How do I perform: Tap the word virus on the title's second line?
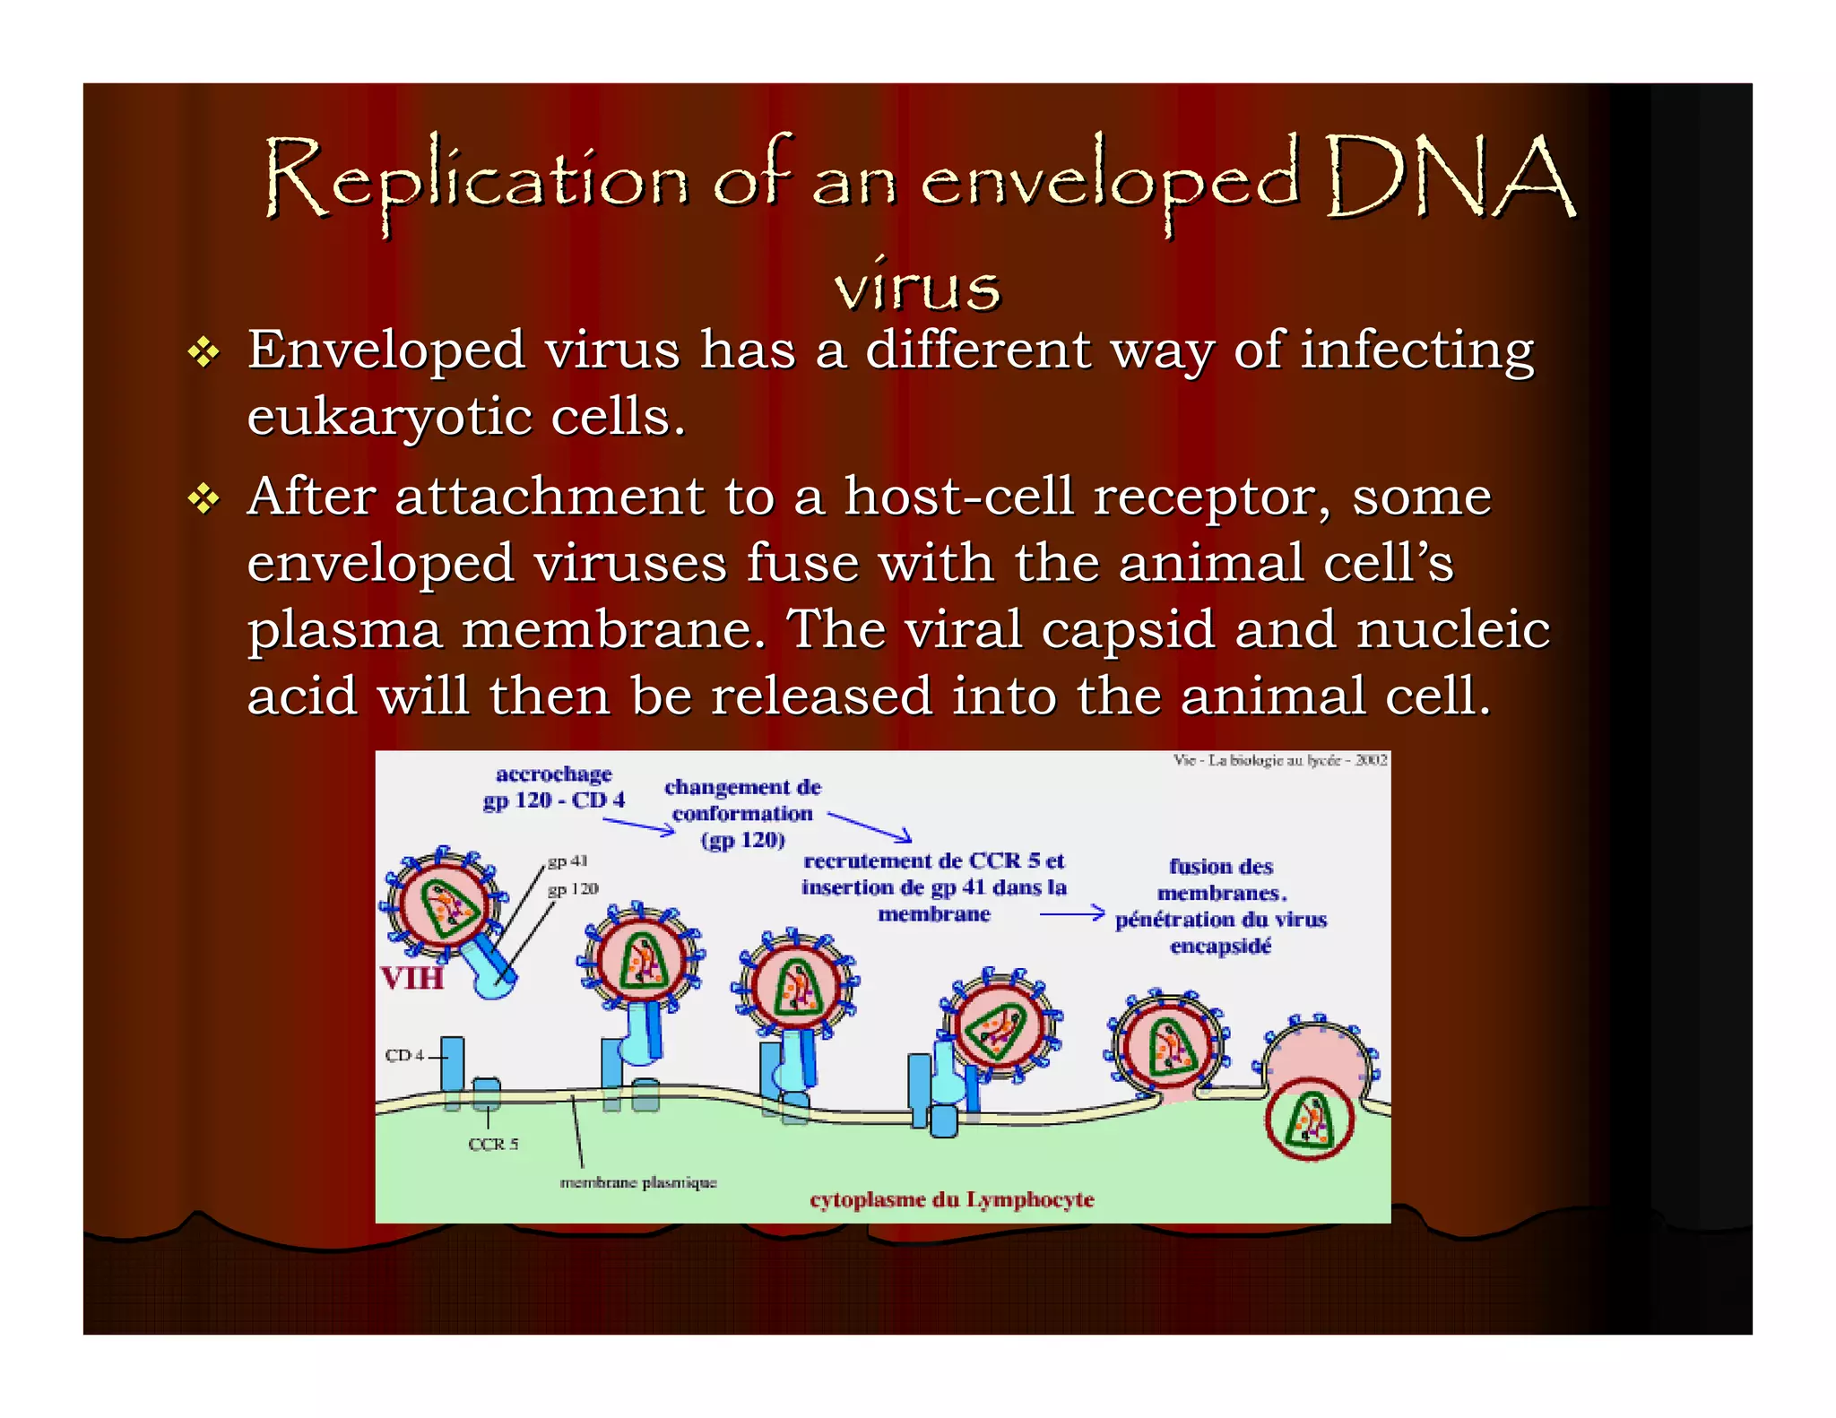pyautogui.click(x=916, y=287)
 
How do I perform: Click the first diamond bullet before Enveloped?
pyautogui.click(x=204, y=352)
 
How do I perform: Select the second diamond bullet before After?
pyautogui.click(x=204, y=499)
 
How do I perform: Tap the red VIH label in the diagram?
pyautogui.click(x=411, y=977)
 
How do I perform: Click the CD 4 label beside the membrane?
pyautogui.click(x=404, y=1055)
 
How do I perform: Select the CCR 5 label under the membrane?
pyautogui.click(x=493, y=1145)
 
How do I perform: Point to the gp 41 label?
pyautogui.click(x=567, y=860)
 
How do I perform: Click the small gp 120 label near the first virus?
pyautogui.click(x=573, y=888)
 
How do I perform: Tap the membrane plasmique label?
pyautogui.click(x=637, y=1182)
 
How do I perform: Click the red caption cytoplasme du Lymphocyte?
pyautogui.click(x=951, y=1199)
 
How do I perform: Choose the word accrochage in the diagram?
pyautogui.click(x=553, y=774)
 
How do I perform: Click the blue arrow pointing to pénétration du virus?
pyautogui.click(x=1071, y=913)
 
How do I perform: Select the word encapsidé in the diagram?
pyautogui.click(x=1220, y=947)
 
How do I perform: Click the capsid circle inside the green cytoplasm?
pyautogui.click(x=1310, y=1121)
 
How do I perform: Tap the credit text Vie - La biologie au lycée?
pyautogui.click(x=1279, y=760)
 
